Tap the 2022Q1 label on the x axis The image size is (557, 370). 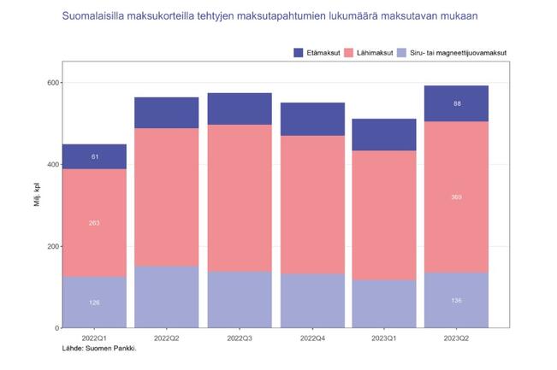click(x=94, y=339)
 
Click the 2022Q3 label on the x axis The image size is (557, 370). click(x=240, y=339)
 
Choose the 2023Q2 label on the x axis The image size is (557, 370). click(x=458, y=339)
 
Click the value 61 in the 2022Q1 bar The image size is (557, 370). click(x=94, y=156)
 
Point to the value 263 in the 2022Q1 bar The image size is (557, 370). click(x=94, y=223)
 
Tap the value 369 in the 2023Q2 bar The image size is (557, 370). click(x=458, y=197)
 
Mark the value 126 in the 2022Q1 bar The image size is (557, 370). click(x=94, y=302)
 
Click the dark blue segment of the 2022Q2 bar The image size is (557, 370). click(x=167, y=113)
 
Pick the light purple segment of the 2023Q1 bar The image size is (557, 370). click(x=385, y=303)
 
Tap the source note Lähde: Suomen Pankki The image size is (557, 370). click(x=100, y=349)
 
